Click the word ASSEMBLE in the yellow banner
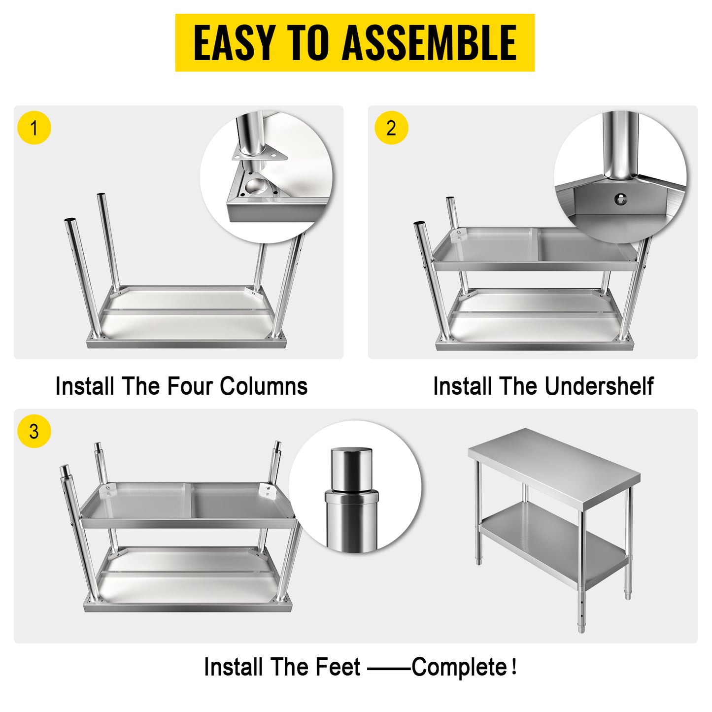click(429, 43)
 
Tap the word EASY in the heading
click(234, 43)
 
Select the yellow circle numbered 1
click(34, 128)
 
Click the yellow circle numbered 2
click(391, 128)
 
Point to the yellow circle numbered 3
click(34, 432)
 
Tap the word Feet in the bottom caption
click(338, 667)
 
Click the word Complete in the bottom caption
click(459, 667)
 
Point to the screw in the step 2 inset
click(621, 199)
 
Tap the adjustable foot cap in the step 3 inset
click(351, 469)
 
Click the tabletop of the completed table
click(552, 463)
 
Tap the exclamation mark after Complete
click(514, 667)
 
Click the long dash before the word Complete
click(389, 668)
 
